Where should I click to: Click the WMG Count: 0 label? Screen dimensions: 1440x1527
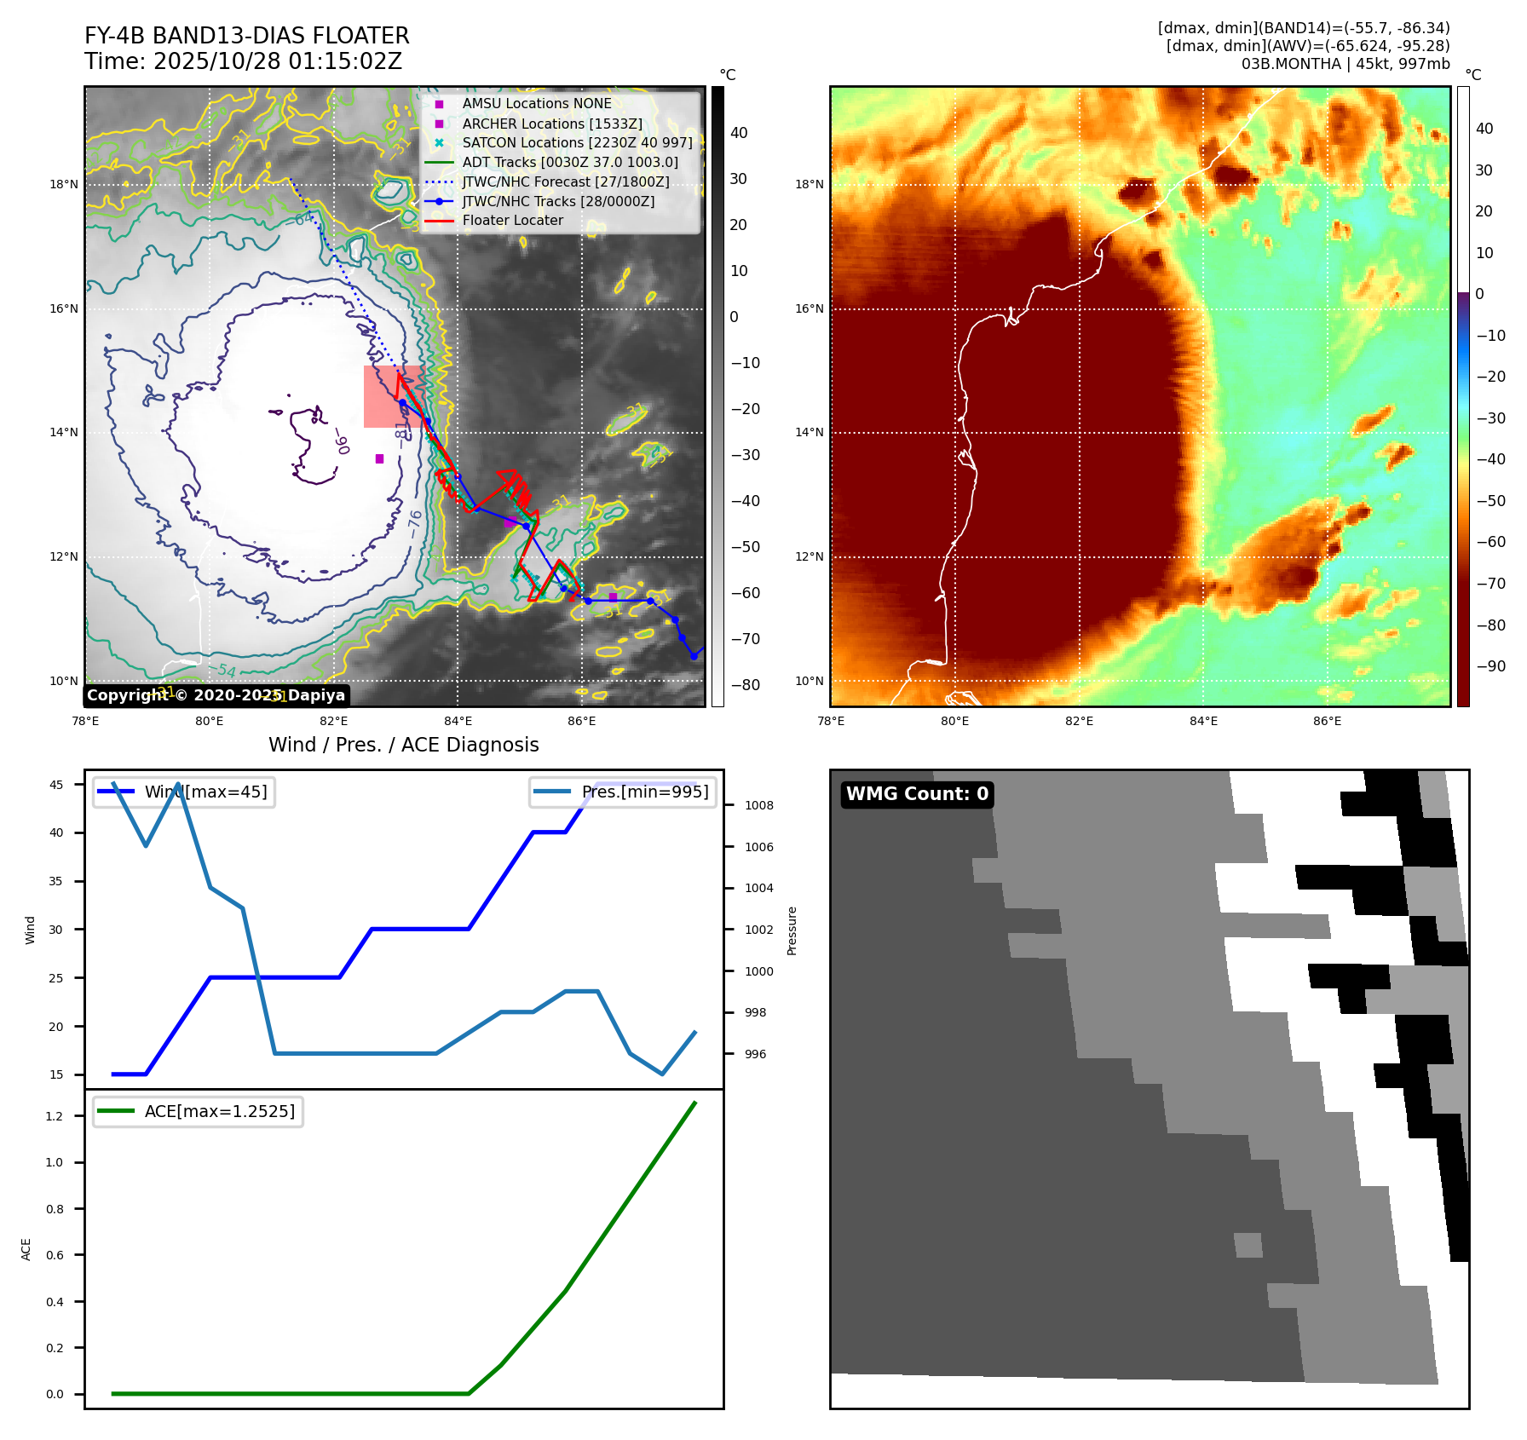click(x=917, y=794)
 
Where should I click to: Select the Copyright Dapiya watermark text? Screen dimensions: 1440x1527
click(x=216, y=695)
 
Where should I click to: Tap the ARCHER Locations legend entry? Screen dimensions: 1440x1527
click(x=552, y=124)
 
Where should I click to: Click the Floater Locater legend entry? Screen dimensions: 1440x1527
click(x=512, y=221)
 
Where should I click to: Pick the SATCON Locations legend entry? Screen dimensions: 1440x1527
click(x=577, y=143)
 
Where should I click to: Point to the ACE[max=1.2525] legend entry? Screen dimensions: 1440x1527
click(x=219, y=1111)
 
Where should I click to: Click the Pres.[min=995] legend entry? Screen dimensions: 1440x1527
click(x=644, y=792)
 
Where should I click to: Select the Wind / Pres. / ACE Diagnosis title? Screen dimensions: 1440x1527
click(x=403, y=745)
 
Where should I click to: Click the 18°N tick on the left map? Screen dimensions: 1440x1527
click(x=64, y=185)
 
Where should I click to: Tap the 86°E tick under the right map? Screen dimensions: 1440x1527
click(x=1327, y=721)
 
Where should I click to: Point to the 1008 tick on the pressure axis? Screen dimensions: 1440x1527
click(x=758, y=805)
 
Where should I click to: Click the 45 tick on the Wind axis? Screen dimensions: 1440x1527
click(x=56, y=785)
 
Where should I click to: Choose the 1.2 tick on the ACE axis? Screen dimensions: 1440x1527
click(x=55, y=1116)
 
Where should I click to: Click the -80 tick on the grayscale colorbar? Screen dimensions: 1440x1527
click(x=744, y=685)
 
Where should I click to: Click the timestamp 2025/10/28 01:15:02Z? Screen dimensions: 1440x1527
click(x=277, y=61)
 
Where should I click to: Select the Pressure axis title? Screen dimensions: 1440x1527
click(x=792, y=930)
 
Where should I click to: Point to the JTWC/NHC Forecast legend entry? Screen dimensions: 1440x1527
click(x=565, y=182)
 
